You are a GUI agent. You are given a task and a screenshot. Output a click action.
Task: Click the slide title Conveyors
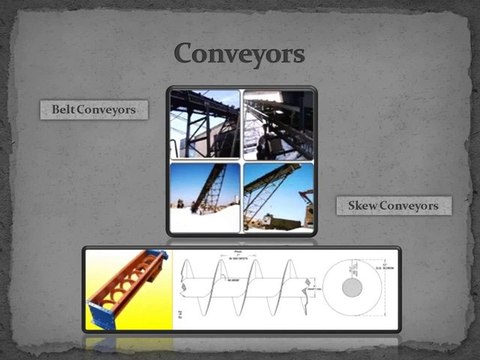pos(239,51)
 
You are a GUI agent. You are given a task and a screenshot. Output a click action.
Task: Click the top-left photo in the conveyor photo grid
pos(204,123)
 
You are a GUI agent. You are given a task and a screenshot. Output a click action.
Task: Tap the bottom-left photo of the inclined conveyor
pos(204,196)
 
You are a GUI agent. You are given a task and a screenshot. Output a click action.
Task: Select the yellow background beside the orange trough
pos(150,315)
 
